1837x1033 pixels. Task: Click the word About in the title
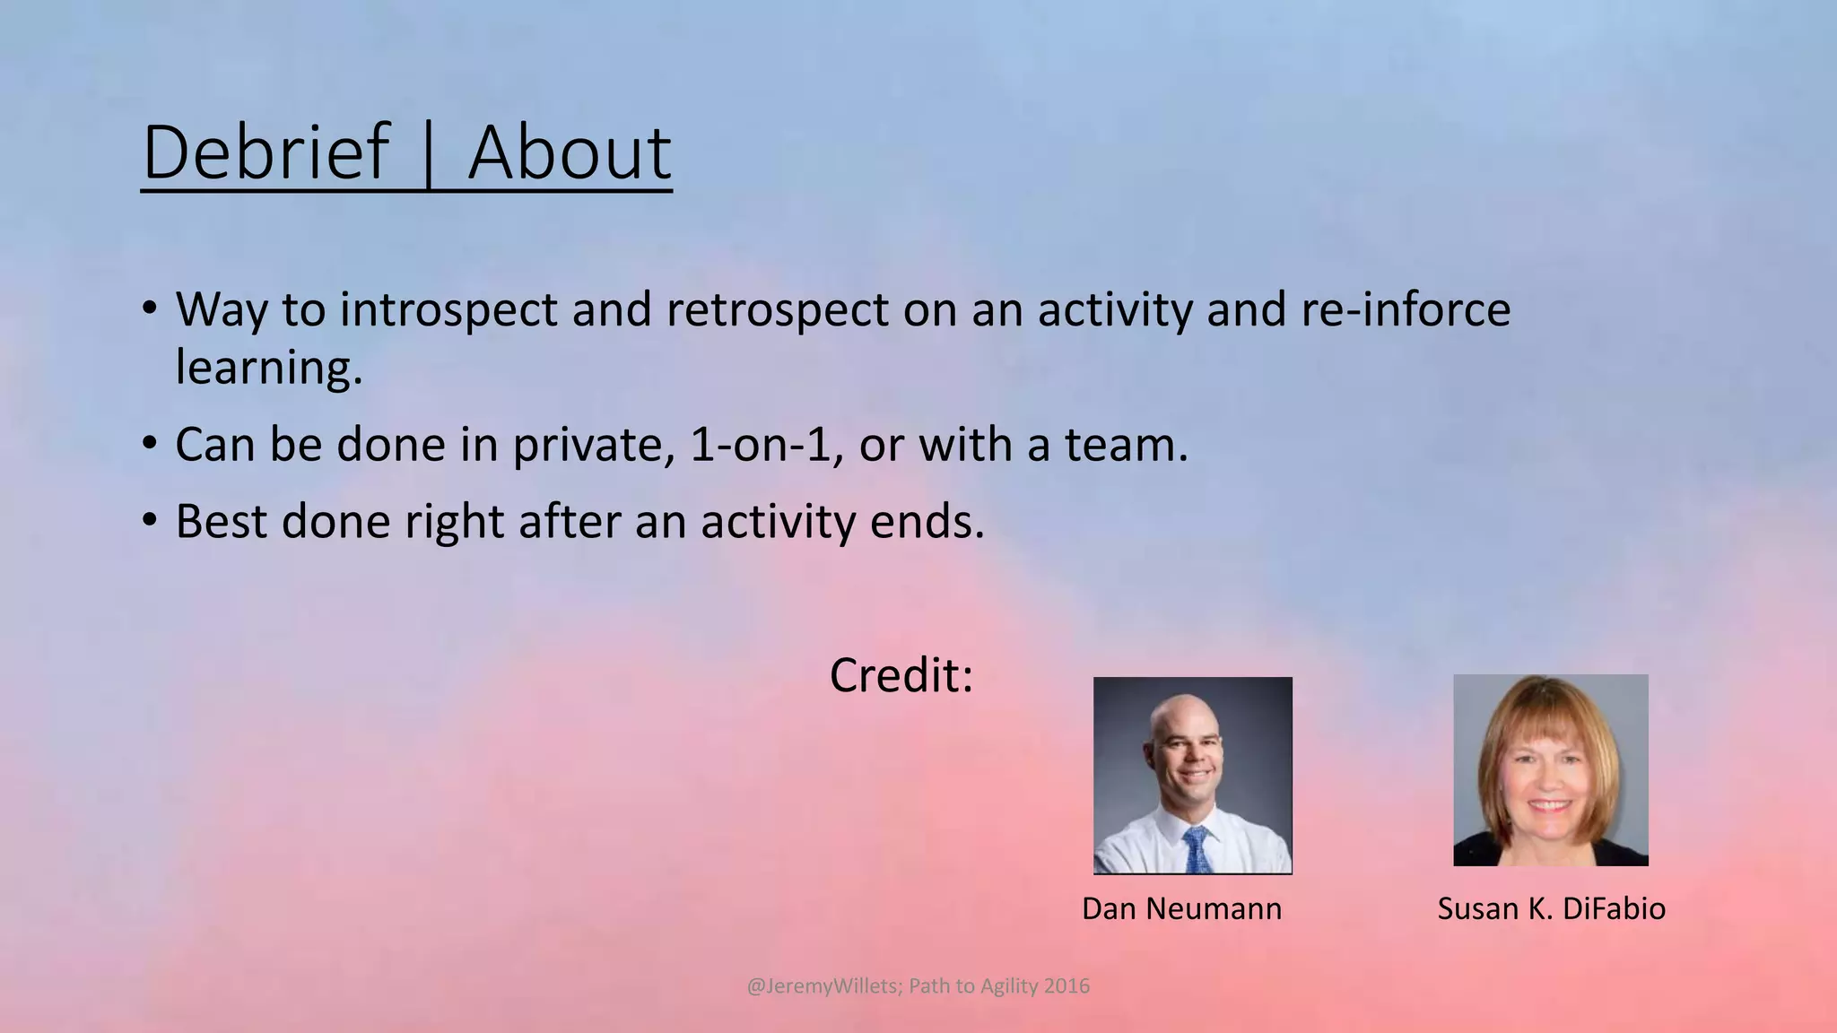point(569,152)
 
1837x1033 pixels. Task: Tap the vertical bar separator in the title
point(428,154)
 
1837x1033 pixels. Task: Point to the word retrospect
point(777,309)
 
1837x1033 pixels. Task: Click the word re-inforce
point(1405,309)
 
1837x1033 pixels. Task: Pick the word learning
point(268,368)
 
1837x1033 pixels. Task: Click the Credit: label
point(901,675)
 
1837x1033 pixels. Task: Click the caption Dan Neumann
point(1181,909)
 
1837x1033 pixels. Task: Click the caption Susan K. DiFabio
point(1551,909)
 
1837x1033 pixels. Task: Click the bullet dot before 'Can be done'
point(150,443)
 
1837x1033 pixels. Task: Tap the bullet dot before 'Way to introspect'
point(150,308)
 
